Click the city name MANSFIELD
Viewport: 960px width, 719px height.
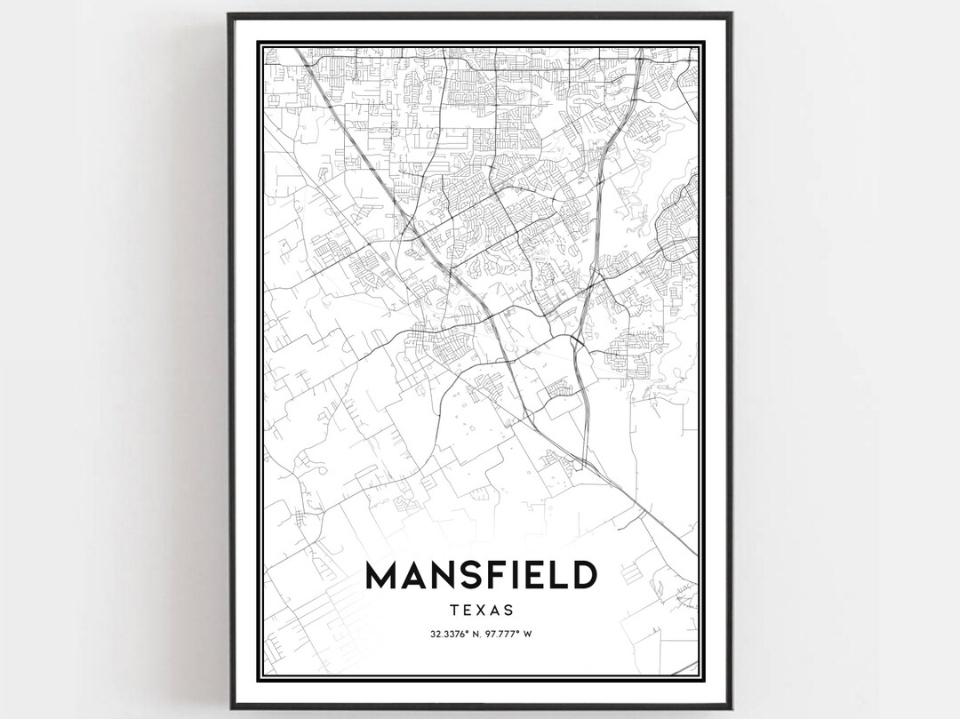(480, 576)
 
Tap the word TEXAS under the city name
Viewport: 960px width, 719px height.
(481, 611)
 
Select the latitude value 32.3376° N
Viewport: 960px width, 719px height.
(455, 634)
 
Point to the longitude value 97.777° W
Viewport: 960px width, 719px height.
(508, 634)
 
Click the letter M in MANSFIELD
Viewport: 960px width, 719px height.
(380, 576)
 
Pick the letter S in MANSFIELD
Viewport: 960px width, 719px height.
(467, 576)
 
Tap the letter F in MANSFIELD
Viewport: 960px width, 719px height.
(495, 576)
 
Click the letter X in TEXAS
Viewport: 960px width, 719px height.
(481, 611)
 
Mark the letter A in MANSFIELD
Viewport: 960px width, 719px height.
(412, 576)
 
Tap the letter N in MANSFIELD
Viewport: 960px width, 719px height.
(441, 576)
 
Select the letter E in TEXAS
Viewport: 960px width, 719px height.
(467, 611)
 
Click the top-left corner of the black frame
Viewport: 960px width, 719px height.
(229, 13)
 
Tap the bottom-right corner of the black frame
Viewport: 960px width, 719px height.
(731, 707)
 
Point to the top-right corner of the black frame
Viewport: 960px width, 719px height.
(731, 13)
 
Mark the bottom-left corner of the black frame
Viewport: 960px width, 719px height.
(229, 707)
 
